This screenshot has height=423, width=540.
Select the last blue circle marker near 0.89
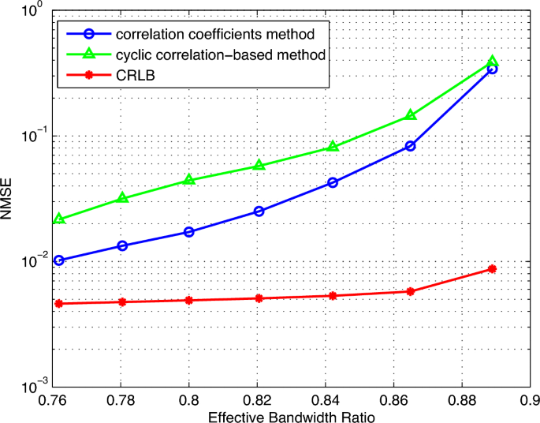[x=493, y=69]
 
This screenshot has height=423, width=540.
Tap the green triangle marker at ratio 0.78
[x=122, y=198]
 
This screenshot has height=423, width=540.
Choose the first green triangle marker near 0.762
[x=59, y=219]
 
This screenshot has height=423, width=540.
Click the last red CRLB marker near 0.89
[x=493, y=269]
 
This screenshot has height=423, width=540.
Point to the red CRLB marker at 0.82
[x=259, y=298]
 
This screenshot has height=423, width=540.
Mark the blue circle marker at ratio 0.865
[x=411, y=146]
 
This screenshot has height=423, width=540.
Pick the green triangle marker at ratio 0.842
[x=333, y=147]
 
